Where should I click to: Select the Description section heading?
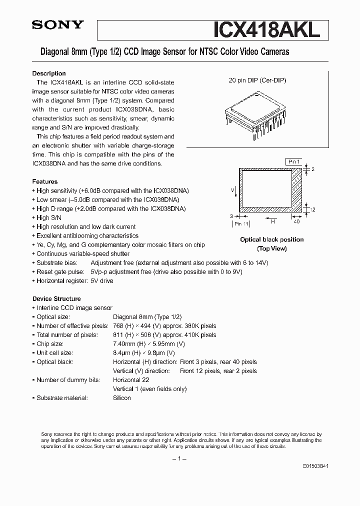pyautogui.click(x=49, y=73)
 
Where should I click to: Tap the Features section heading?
pyautogui.click(x=45, y=181)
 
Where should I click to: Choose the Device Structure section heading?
pyautogui.click(x=56, y=298)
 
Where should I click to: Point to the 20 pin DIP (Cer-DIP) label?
pyautogui.click(x=257, y=80)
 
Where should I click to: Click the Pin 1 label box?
pyautogui.click(x=293, y=162)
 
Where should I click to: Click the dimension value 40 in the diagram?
pyautogui.click(x=297, y=220)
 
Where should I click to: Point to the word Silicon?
pyautogui.click(x=122, y=398)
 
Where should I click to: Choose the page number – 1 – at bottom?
pyautogui.click(x=179, y=459)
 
